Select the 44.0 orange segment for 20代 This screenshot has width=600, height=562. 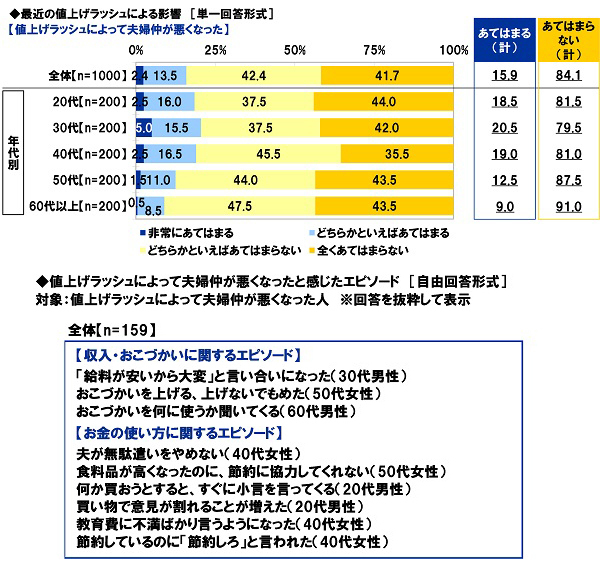[x=385, y=102]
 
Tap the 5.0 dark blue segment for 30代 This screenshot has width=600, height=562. [x=143, y=128]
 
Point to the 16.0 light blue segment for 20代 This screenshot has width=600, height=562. [x=169, y=102]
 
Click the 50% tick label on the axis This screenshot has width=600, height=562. [x=295, y=49]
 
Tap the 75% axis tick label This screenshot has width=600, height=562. [x=375, y=49]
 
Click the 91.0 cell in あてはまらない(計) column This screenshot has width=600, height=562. [x=566, y=207]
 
